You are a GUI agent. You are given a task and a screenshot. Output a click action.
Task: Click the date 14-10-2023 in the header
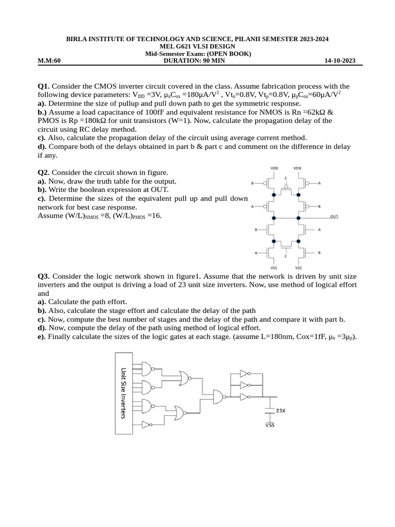click(339, 61)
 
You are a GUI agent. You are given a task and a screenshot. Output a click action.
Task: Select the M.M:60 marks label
click(49, 61)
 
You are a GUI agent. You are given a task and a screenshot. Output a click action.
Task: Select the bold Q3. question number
click(44, 276)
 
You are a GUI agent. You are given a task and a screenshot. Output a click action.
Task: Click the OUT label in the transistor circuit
click(334, 217)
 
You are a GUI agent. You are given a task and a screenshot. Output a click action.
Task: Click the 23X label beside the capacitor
click(281, 411)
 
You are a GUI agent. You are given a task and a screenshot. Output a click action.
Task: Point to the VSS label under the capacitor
click(270, 425)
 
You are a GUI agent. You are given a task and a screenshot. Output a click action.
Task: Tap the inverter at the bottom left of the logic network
click(146, 425)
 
